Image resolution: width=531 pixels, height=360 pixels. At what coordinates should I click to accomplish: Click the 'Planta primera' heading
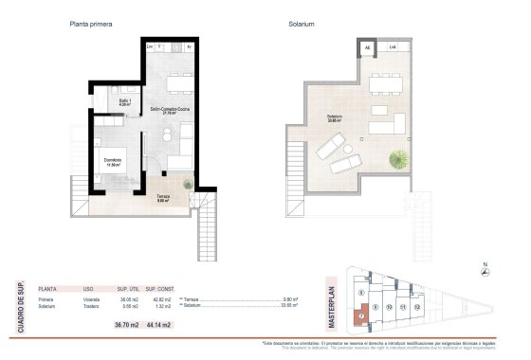click(92, 26)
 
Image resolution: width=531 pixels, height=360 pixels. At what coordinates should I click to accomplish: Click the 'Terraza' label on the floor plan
click(163, 197)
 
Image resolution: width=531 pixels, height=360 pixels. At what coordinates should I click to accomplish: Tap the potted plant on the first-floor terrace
click(188, 184)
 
